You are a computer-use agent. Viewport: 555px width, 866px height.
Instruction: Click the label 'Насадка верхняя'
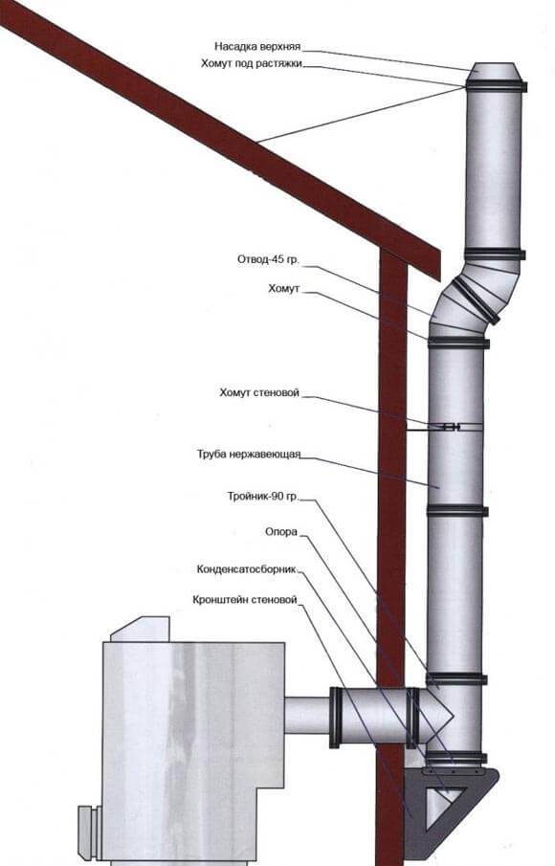[257, 46]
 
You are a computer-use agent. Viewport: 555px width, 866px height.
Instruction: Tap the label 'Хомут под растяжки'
[252, 63]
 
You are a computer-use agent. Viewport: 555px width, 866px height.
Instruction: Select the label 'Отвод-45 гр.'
[268, 259]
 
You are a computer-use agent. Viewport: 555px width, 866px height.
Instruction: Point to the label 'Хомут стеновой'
[259, 392]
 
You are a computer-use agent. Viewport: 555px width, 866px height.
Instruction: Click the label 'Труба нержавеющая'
[249, 454]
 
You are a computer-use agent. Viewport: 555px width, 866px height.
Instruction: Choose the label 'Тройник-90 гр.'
[263, 496]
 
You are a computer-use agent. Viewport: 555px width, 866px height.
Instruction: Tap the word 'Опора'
[281, 532]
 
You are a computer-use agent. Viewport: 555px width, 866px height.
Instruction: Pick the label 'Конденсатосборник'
[246, 568]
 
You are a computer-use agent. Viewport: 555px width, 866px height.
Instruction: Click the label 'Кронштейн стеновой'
[245, 599]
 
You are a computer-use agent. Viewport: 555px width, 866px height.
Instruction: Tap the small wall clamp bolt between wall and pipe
[451, 427]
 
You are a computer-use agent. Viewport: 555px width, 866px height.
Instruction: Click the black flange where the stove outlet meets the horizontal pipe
[334, 717]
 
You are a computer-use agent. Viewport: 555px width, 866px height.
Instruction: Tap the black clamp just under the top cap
[496, 86]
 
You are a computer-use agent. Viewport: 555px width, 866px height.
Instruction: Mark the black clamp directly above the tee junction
[456, 678]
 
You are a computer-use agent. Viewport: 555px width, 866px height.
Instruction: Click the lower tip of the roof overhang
[439, 279]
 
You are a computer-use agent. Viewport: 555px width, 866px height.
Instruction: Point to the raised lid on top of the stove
[140, 629]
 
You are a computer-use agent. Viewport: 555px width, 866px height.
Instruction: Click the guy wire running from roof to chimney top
[361, 115]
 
